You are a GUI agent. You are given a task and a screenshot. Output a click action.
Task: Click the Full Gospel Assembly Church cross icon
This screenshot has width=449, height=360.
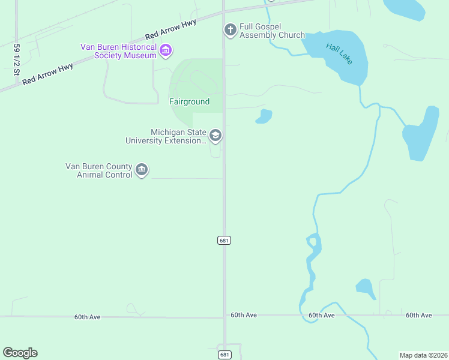229,30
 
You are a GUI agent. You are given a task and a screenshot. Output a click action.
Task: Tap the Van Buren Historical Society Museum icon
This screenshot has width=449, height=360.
166,51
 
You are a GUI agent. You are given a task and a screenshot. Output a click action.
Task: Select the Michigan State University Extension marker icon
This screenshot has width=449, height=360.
215,136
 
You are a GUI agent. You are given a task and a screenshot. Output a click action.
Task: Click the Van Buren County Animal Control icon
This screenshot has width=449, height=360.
142,170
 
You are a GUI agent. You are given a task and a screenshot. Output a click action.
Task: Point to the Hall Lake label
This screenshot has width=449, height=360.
339,53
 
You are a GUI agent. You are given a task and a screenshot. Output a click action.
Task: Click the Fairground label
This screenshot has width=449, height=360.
189,101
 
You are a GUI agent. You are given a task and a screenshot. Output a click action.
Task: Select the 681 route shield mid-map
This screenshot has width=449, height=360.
224,240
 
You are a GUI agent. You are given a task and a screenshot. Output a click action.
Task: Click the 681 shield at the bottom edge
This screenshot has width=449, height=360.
224,355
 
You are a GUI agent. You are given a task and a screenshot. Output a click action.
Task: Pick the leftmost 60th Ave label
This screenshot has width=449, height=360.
88,317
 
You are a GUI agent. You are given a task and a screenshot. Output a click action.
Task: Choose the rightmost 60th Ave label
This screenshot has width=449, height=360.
418,315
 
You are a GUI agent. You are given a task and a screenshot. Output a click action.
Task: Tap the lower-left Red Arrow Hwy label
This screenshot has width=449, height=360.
48,74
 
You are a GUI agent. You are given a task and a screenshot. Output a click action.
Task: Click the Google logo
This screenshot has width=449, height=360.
20,353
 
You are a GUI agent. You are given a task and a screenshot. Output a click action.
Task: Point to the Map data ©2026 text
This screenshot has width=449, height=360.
423,355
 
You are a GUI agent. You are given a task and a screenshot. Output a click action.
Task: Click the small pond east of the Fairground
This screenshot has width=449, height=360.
264,116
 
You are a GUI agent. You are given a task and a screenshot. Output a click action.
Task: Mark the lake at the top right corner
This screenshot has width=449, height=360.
405,8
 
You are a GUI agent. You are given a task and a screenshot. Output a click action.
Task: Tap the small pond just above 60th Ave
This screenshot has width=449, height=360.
365,287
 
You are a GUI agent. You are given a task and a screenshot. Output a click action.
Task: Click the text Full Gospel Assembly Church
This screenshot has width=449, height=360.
272,31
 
